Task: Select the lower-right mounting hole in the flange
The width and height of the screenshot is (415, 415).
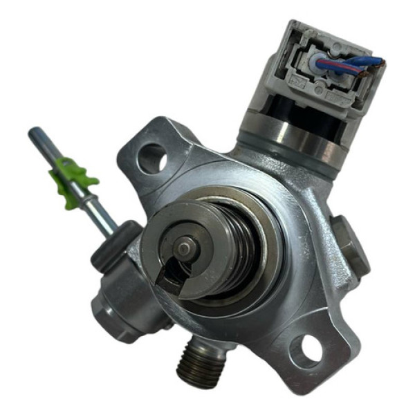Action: coord(306,351)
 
